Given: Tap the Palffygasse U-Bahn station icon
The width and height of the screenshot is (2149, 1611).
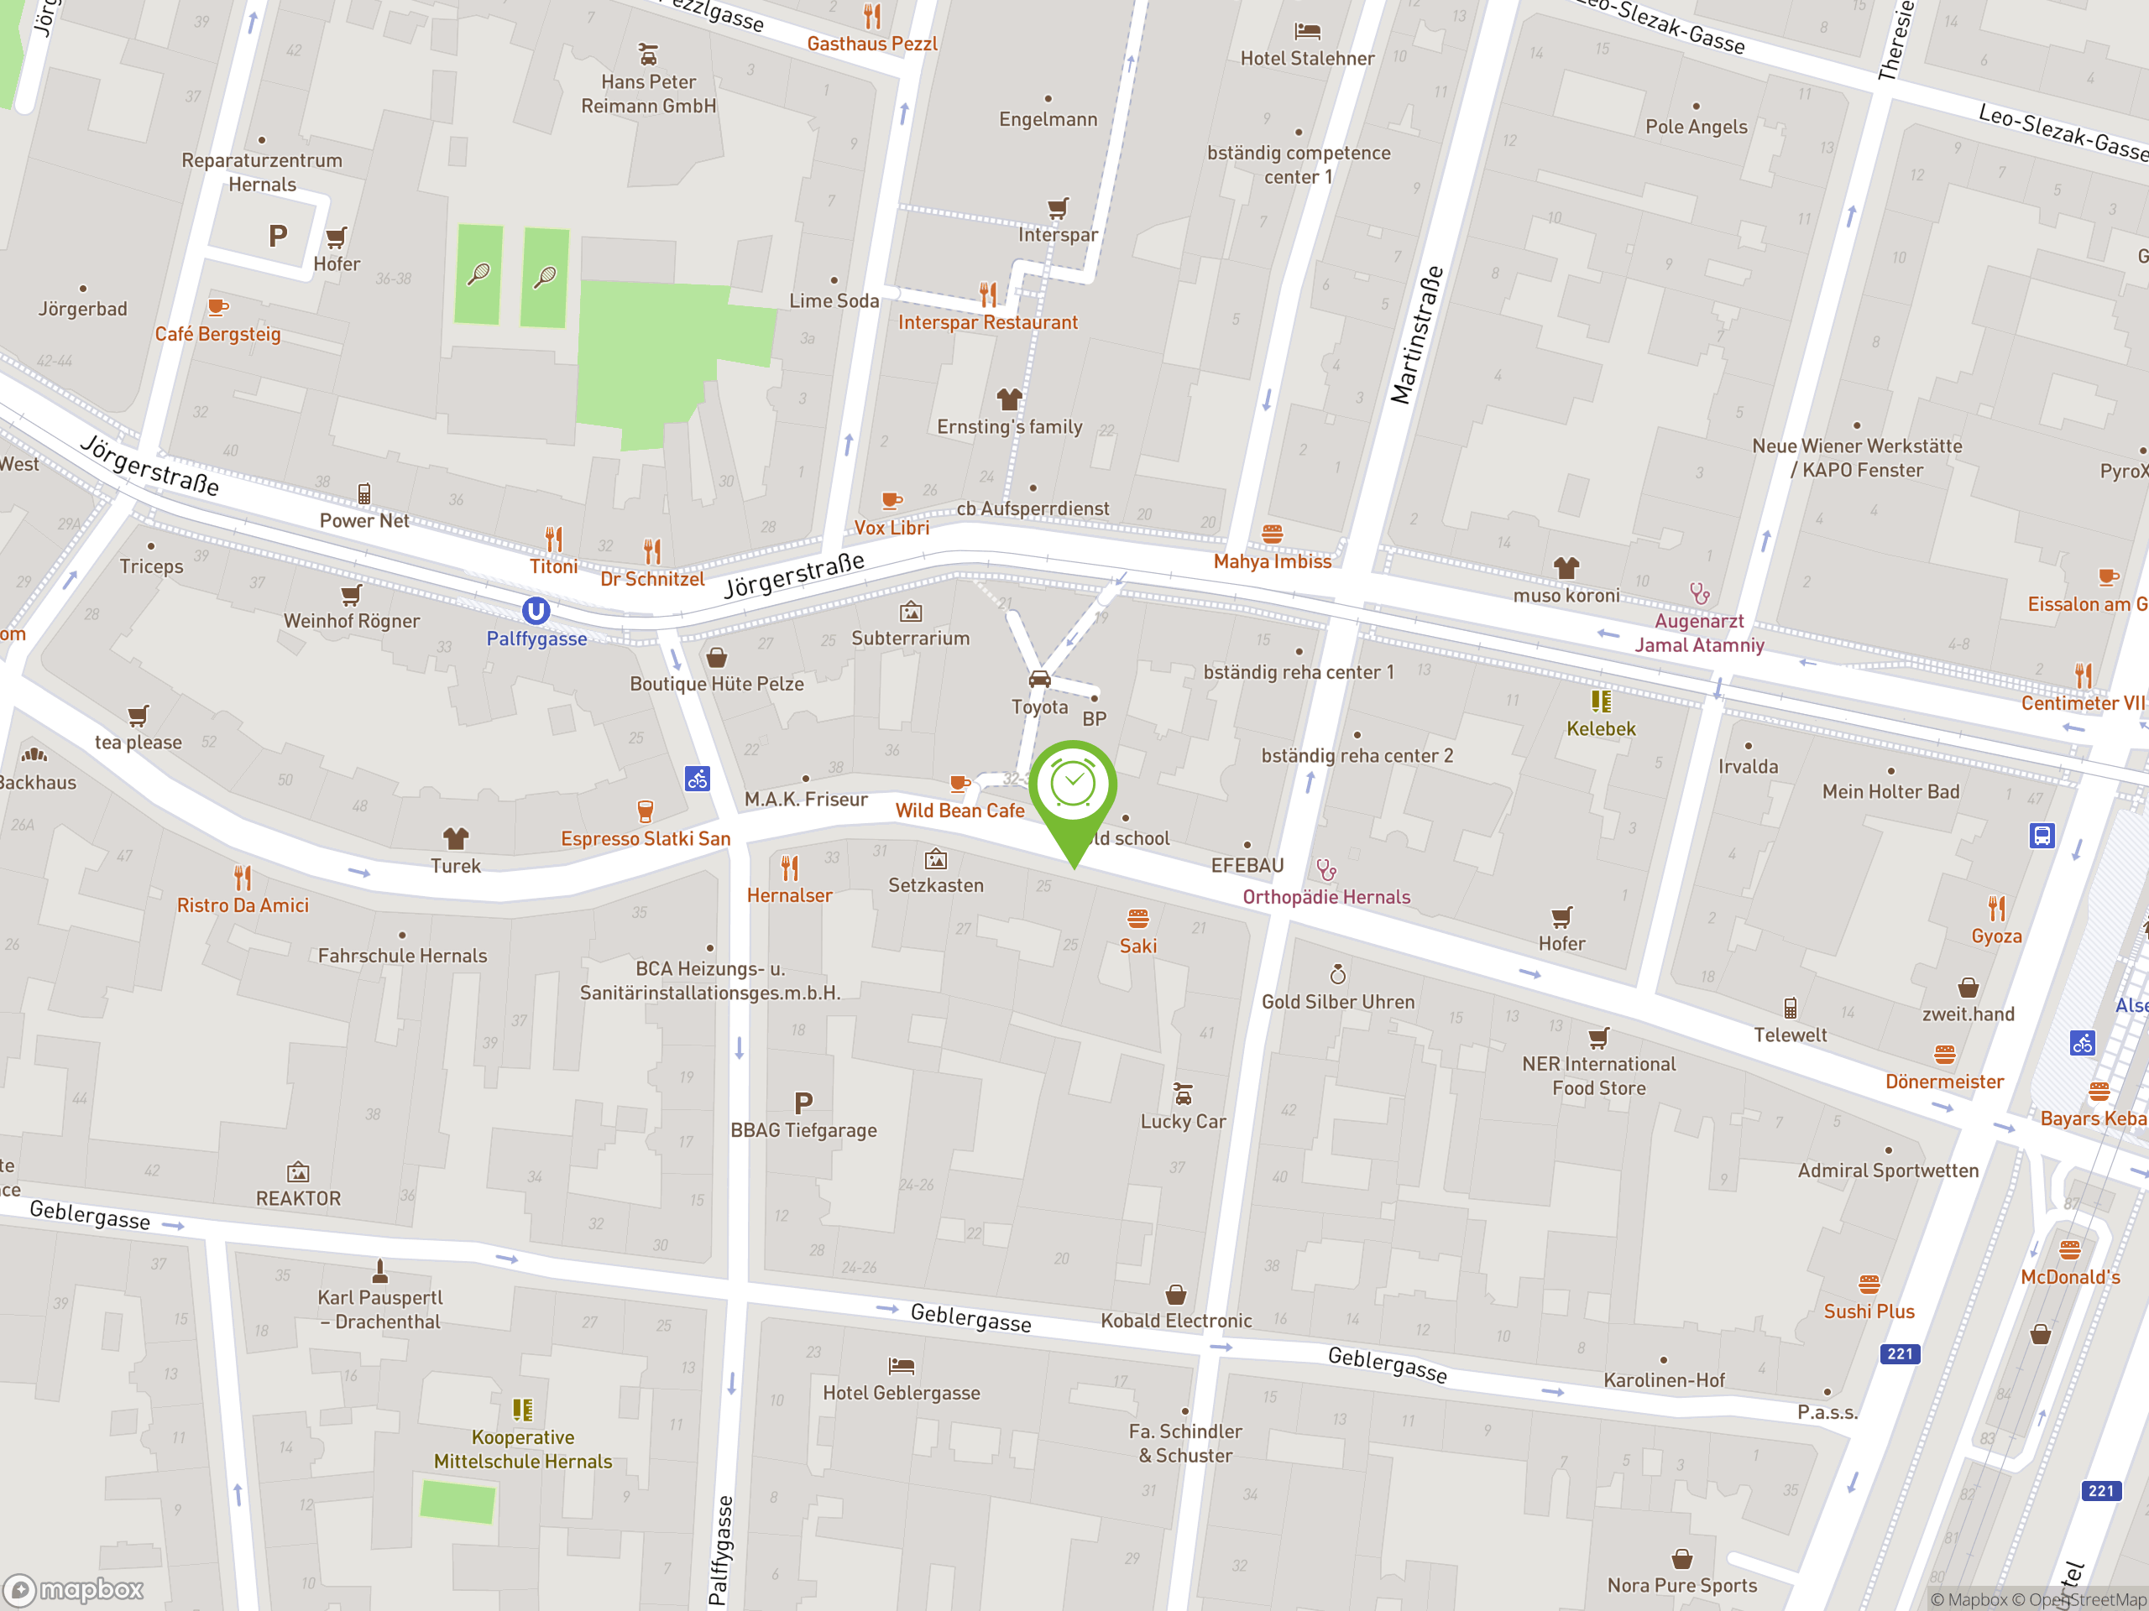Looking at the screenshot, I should pyautogui.click(x=536, y=611).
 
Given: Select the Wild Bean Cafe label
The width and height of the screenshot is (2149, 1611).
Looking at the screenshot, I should pyautogui.click(x=959, y=811).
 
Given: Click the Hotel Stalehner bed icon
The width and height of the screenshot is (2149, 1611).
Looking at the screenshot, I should pyautogui.click(x=1308, y=32).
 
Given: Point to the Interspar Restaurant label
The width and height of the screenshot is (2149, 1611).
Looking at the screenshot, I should pyautogui.click(x=987, y=322).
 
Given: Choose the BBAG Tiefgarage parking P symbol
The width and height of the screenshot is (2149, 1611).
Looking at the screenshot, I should pyautogui.click(x=803, y=1103).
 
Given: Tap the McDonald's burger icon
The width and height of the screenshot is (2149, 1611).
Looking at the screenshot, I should pyautogui.click(x=2069, y=1249).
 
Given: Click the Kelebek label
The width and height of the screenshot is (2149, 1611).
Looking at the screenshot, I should pyautogui.click(x=1601, y=729).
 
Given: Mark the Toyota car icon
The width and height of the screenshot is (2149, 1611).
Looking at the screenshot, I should pyautogui.click(x=1039, y=679).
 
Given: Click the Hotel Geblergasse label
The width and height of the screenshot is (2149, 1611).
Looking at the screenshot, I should pyautogui.click(x=901, y=1393).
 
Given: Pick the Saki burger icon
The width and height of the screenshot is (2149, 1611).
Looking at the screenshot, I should pyautogui.click(x=1137, y=919).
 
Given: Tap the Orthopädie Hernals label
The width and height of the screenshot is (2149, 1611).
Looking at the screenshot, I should pyautogui.click(x=1326, y=897).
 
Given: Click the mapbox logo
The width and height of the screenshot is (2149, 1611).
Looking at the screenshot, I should pyautogui.click(x=74, y=1590).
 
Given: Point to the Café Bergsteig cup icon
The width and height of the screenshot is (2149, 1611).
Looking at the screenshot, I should pyautogui.click(x=217, y=308).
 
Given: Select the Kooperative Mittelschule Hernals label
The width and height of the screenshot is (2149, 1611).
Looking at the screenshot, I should pyautogui.click(x=523, y=1449).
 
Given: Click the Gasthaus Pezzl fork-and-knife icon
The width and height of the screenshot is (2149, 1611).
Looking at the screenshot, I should pyautogui.click(x=872, y=17).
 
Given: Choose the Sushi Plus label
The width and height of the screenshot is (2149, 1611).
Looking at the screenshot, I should pyautogui.click(x=1869, y=1312).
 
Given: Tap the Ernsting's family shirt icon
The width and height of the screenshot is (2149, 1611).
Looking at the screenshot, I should pyautogui.click(x=1009, y=399).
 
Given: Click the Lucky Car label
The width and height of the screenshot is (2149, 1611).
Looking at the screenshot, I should pyautogui.click(x=1182, y=1122).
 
